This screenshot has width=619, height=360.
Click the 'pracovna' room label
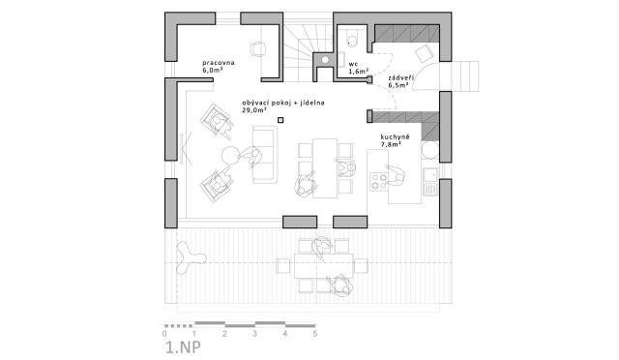[219, 63]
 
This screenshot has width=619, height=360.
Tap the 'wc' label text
[353, 64]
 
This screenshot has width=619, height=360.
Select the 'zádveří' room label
[398, 77]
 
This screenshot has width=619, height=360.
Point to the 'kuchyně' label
[395, 136]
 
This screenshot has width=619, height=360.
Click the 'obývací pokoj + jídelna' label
[283, 103]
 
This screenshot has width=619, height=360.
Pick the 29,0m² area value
[253, 110]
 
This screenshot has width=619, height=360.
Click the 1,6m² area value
[359, 72]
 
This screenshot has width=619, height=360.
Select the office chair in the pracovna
[257, 49]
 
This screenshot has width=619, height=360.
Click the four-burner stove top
[378, 182]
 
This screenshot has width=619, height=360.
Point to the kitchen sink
[430, 182]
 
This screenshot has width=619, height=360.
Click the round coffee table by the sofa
[229, 155]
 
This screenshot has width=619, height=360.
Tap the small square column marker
[280, 120]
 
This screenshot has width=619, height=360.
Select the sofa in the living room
[264, 155]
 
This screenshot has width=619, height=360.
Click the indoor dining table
[325, 168]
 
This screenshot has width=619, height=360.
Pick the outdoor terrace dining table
[323, 266]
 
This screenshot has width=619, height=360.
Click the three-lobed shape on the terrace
[190, 257]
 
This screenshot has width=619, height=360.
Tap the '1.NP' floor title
[183, 347]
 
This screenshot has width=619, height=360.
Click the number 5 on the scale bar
[315, 334]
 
